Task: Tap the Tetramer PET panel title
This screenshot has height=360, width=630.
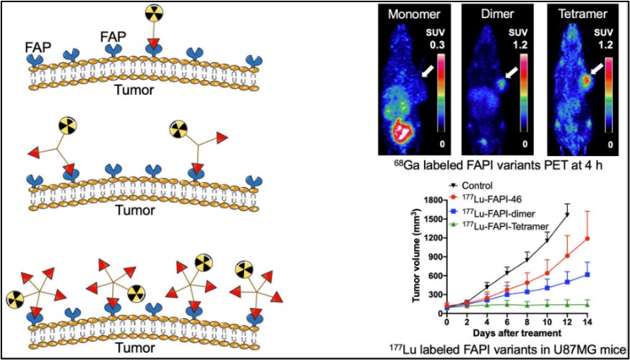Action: click(576, 14)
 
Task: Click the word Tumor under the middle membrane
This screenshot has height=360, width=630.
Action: click(141, 212)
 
